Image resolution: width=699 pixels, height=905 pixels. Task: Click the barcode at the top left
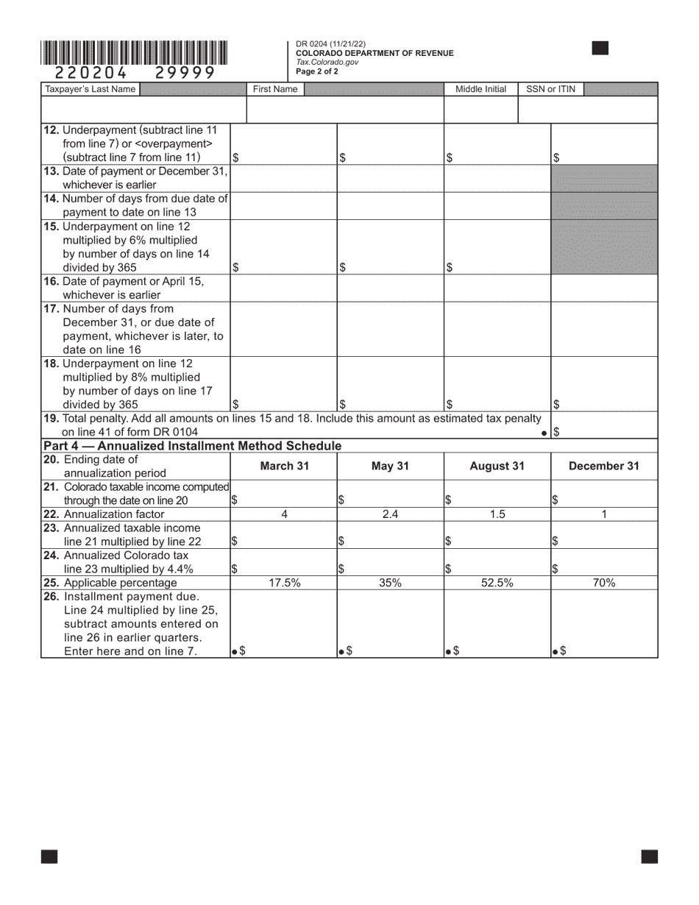pos(134,53)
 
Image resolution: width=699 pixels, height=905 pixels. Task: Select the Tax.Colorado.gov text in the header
pos(327,63)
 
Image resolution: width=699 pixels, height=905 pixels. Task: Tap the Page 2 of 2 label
pos(317,71)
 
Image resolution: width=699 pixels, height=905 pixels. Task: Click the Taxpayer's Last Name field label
pos(91,89)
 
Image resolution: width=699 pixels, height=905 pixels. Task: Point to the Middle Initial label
pos(480,89)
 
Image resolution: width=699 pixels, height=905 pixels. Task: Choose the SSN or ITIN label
pos(550,89)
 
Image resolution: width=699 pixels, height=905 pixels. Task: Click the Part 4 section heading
pos(192,446)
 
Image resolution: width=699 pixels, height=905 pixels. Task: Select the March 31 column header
pos(284,466)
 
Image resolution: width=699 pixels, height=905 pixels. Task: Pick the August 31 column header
pos(497,466)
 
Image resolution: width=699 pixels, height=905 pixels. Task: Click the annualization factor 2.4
pos(390,514)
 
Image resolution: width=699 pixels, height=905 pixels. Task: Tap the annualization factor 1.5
pos(497,514)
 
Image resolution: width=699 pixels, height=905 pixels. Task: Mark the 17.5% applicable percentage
pos(284,583)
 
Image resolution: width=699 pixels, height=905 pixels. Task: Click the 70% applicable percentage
pos(604,583)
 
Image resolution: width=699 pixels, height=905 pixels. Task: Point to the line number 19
pos(52,418)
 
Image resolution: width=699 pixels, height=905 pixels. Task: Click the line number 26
pos(52,596)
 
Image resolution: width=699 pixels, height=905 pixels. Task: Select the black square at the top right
pos(600,49)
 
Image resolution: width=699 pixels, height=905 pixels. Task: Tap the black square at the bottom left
pos(49,856)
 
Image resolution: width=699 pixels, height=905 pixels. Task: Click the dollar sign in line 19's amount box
pos(557,433)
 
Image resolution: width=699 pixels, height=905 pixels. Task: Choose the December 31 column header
pos(604,466)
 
